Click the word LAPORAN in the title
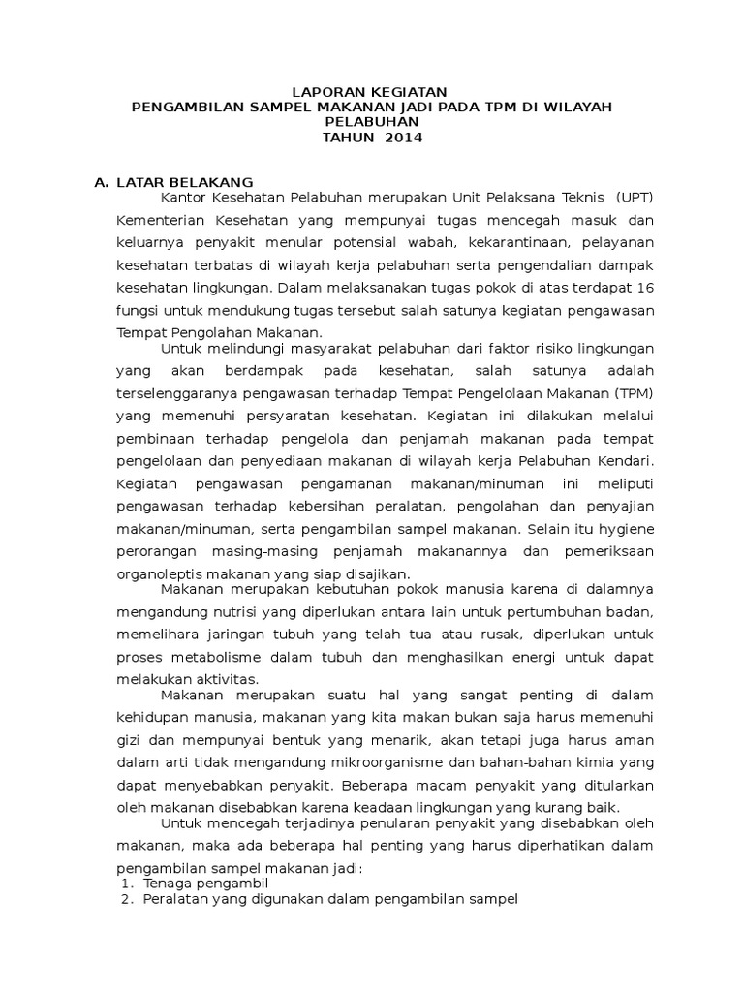(x=325, y=90)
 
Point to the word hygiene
(x=626, y=528)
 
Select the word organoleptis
(x=156, y=573)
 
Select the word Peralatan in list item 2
(x=172, y=899)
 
